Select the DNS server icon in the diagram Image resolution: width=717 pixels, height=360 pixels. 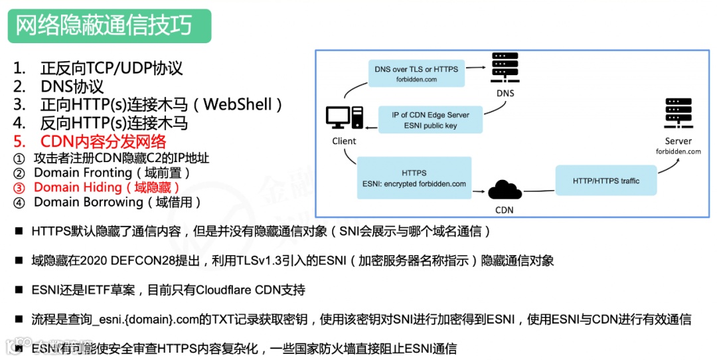pos(505,68)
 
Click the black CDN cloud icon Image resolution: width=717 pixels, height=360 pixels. pos(505,191)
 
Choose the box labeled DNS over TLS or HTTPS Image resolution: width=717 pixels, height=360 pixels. pos(416,74)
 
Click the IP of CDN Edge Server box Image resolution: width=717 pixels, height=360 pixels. pos(430,120)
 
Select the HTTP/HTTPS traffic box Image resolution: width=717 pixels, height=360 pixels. pos(605,181)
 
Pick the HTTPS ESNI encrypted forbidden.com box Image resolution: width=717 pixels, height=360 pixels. pos(414,179)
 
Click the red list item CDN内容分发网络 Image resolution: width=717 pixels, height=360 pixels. pos(103,141)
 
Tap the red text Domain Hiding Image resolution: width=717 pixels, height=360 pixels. pos(78,187)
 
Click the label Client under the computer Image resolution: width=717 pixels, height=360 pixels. pos(344,141)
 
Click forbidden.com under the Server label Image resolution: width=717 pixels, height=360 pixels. pos(678,152)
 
